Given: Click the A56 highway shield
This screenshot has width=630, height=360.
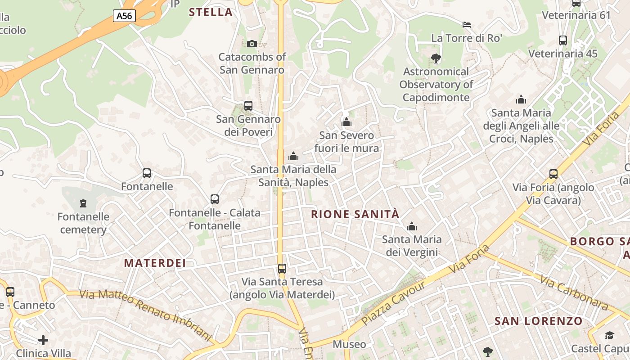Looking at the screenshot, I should (124, 16).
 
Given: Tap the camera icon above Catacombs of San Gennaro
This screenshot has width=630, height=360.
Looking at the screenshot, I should (252, 44).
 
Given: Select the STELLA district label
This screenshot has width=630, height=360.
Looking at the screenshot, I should (211, 12).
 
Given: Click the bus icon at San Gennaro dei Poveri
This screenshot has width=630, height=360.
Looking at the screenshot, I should (248, 106).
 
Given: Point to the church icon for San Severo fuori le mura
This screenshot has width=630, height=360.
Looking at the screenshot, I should (346, 122).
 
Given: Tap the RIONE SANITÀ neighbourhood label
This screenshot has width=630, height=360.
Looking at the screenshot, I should (355, 214).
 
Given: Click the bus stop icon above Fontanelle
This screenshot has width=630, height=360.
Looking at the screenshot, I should (147, 173).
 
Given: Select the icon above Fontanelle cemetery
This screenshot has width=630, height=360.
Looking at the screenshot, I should (83, 203).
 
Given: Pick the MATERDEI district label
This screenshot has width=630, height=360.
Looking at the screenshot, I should (155, 263).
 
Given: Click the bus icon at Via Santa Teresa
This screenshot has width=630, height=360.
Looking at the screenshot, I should (282, 269).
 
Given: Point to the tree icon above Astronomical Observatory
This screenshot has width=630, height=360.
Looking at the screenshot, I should (436, 58).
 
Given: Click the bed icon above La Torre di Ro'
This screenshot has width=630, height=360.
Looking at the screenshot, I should (467, 24).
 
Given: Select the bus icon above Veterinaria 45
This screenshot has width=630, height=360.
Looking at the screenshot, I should (563, 40).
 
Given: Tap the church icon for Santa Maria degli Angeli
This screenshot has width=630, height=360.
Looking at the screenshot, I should (521, 99).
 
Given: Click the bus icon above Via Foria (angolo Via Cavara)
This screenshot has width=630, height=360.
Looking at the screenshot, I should (553, 174).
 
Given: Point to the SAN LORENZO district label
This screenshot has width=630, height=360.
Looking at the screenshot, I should (539, 321).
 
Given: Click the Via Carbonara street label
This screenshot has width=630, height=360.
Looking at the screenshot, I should (574, 293).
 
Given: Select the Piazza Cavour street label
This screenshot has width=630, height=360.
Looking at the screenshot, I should (393, 304).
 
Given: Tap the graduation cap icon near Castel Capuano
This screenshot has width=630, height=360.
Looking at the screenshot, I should (609, 335).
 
